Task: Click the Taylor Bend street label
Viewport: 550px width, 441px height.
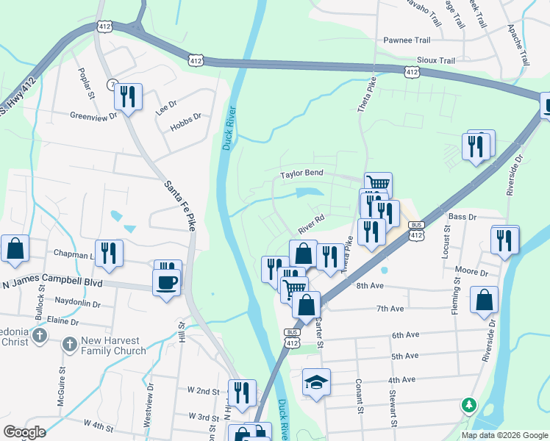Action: [302, 174]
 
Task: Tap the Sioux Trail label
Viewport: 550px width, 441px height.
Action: [436, 60]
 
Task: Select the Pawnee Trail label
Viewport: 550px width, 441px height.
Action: [406, 40]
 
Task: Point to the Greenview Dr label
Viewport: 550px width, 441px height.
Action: [93, 116]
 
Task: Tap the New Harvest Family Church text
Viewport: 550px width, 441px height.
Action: [113, 345]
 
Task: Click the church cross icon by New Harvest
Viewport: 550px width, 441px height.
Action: [69, 344]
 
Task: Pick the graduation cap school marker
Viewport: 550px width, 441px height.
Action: [316, 382]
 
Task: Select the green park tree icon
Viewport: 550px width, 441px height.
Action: [468, 405]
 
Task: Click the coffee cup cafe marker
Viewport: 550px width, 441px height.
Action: [166, 282]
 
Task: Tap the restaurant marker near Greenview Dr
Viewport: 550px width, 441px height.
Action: [129, 96]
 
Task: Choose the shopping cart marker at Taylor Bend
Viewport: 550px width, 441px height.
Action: [378, 184]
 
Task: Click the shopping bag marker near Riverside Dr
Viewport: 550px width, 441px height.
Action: [484, 299]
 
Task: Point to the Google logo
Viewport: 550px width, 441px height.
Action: [25, 432]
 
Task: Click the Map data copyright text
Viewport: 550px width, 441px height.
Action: [504, 435]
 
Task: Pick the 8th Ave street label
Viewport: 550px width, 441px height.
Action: [371, 285]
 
